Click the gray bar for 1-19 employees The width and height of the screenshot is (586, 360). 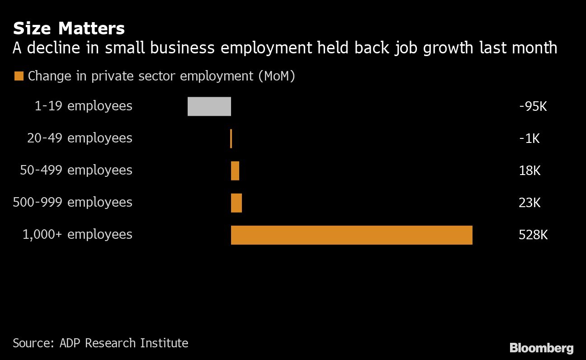(x=209, y=106)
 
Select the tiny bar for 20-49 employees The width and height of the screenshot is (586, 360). (x=231, y=138)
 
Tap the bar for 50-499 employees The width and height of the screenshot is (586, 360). (x=235, y=171)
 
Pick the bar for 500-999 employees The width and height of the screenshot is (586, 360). (x=236, y=203)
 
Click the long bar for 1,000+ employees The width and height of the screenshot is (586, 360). (x=351, y=235)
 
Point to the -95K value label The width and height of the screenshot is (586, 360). (x=533, y=107)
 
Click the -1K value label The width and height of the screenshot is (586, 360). (x=529, y=138)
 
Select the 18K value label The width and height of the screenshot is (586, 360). (x=529, y=171)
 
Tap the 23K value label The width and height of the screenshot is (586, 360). (x=529, y=203)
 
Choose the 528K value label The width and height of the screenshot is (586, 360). (x=533, y=235)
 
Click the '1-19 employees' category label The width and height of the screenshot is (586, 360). (x=83, y=106)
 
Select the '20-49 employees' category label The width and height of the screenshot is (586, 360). (x=80, y=138)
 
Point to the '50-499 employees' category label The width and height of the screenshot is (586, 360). (x=76, y=170)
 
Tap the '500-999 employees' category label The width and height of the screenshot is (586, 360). (x=72, y=202)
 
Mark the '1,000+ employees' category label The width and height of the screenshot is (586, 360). (x=77, y=234)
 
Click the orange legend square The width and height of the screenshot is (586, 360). (x=19, y=76)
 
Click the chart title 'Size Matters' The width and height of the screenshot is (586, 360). (x=69, y=28)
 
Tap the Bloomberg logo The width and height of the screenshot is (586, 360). (x=541, y=348)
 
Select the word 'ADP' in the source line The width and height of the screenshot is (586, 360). (x=71, y=343)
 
